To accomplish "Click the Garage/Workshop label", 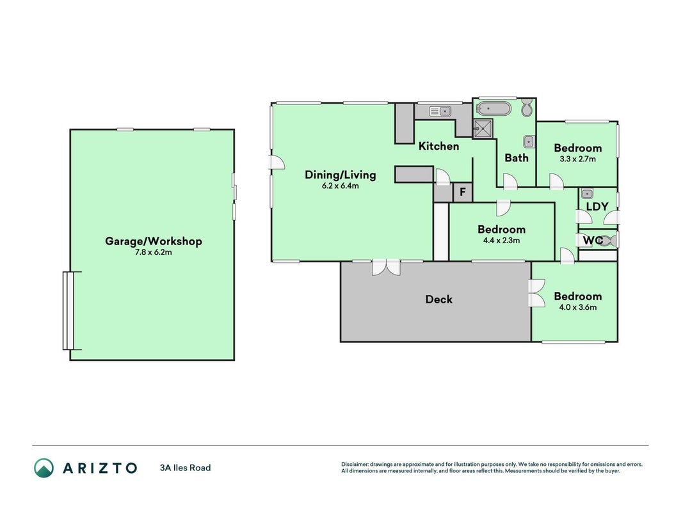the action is coord(154,241).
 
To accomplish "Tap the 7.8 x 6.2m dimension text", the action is coord(154,252).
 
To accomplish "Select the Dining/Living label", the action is coord(340,175).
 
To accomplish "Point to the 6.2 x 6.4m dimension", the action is coord(340,186).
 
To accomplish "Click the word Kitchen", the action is coord(438,147).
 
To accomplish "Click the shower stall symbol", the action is coord(483,129).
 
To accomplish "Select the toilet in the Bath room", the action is coord(527,108).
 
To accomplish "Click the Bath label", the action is coord(516,157).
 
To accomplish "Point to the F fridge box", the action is coord(463,191).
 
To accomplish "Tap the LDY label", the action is coord(597,207).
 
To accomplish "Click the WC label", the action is coord(593,241).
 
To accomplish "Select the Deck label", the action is coord(438,300).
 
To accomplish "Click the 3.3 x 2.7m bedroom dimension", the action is coord(577,159).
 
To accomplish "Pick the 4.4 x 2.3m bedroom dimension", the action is coord(501,241).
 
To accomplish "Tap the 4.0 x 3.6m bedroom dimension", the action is coord(577,307).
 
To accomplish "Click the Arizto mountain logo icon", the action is coord(44,468).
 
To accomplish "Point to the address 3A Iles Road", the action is coord(185,468).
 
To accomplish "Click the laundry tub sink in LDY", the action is coord(587,193).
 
